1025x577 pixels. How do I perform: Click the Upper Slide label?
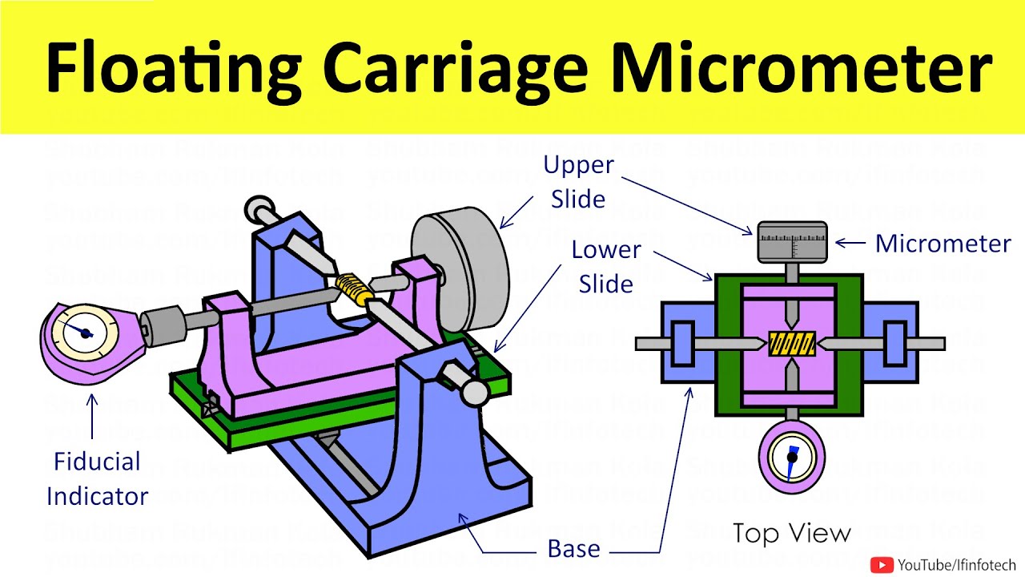(578, 181)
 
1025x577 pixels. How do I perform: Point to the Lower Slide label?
(605, 266)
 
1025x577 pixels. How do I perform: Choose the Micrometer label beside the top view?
(943, 243)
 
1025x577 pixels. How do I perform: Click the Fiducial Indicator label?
(97, 478)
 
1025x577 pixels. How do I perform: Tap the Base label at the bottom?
(573, 549)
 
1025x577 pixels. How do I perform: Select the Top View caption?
(792, 533)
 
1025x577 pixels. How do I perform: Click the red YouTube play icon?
(882, 565)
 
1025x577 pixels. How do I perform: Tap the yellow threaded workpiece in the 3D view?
(353, 288)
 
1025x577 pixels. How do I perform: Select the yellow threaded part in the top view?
(791, 344)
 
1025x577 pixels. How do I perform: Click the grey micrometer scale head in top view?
(791, 240)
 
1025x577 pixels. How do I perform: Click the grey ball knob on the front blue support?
(474, 392)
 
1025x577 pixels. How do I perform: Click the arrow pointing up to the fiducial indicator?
(93, 417)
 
